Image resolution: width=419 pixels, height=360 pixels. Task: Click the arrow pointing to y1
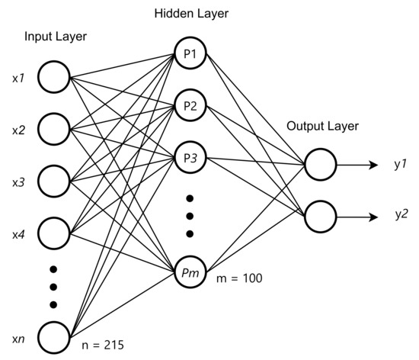[357, 165]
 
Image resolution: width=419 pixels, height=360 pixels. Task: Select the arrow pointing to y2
[357, 217]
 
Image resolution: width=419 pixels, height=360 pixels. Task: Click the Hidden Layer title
[191, 14]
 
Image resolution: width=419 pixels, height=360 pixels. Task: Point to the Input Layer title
[56, 37]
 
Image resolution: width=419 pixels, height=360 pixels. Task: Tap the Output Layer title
[322, 126]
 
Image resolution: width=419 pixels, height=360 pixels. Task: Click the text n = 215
[103, 345]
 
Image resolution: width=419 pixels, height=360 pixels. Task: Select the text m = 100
[239, 278]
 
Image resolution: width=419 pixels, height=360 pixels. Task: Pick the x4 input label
[18, 235]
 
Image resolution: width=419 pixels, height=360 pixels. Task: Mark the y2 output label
[401, 214]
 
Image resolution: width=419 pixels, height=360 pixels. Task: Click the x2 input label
[18, 130]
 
